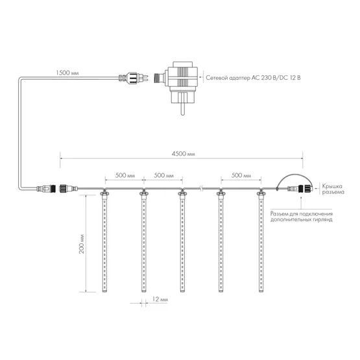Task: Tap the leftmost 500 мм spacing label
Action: click(x=125, y=176)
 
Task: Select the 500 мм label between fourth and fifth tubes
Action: click(x=241, y=176)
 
